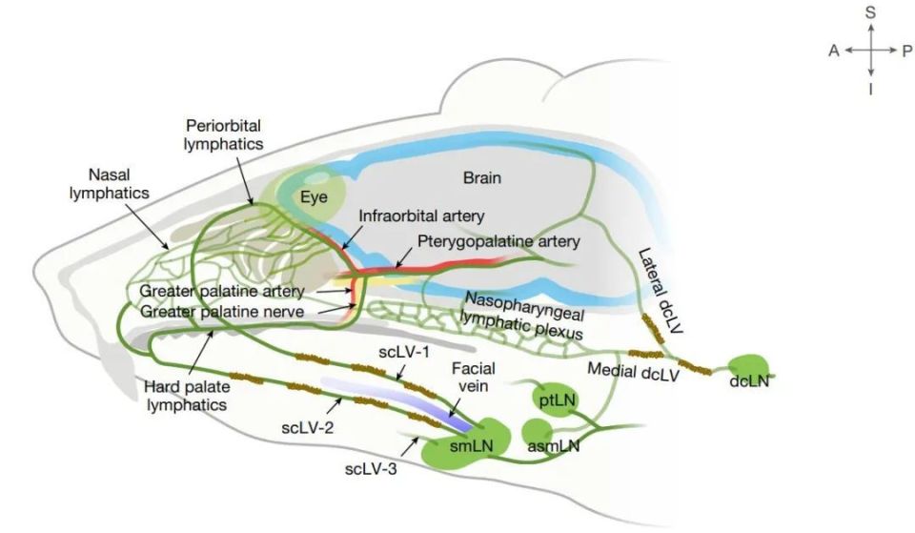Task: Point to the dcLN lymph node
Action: [750, 371]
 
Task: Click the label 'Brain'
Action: [482, 177]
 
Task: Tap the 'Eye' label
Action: [314, 197]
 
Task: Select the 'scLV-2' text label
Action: [308, 428]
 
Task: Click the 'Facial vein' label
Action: [474, 378]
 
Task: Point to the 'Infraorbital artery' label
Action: [421, 216]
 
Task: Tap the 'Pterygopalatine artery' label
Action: [498, 241]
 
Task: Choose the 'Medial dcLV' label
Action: [633, 371]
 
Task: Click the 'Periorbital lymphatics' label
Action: [223, 134]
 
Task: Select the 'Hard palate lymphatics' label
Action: [187, 396]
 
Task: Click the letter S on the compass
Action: [870, 12]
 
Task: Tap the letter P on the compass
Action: [906, 51]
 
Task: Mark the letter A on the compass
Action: [834, 51]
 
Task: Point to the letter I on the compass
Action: [870, 90]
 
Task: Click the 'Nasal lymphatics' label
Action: [109, 184]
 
